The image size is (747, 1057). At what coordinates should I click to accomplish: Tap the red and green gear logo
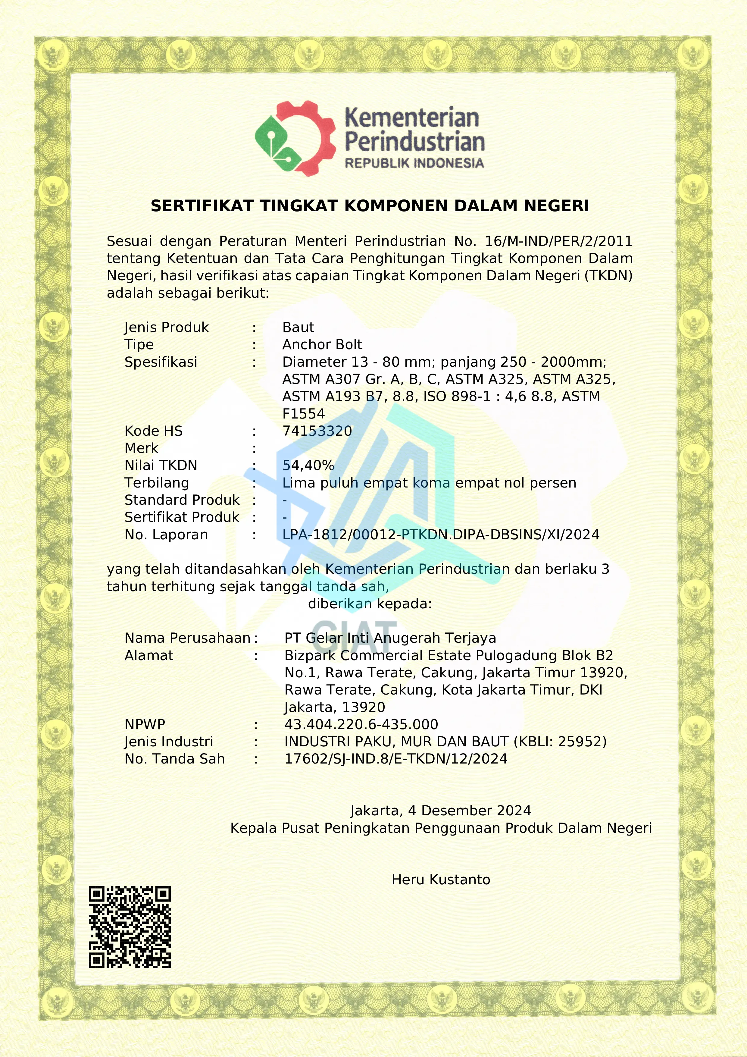(295, 138)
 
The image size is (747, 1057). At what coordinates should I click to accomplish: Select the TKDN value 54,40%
(308, 466)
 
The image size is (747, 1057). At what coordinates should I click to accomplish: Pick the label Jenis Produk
(166, 327)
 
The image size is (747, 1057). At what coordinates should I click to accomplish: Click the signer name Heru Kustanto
(440, 880)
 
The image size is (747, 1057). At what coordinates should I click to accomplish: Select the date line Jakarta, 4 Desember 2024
(440, 811)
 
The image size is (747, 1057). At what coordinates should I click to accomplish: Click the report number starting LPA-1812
(440, 535)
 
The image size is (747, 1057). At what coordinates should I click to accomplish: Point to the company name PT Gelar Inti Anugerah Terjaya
(390, 638)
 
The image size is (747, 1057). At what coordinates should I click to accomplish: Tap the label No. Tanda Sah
(174, 759)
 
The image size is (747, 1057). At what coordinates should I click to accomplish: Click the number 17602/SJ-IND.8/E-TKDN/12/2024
(395, 759)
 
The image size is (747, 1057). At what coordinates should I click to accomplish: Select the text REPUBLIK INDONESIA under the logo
(414, 163)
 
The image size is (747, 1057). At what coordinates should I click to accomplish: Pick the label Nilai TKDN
(161, 466)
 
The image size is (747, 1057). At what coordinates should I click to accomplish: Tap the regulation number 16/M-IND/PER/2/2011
(559, 241)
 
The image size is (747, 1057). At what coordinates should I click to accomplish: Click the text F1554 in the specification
(303, 413)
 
